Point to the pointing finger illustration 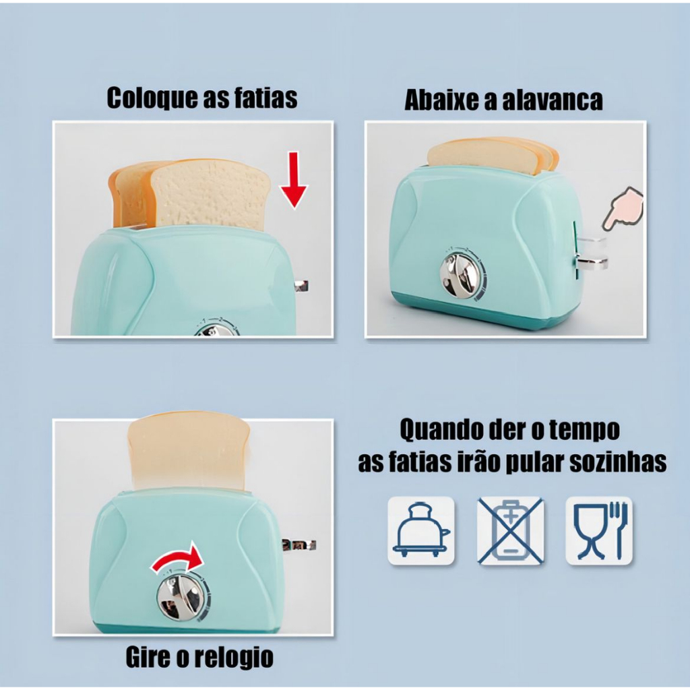pos(624,208)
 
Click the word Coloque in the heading pos(152,98)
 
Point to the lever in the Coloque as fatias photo pos(301,286)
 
